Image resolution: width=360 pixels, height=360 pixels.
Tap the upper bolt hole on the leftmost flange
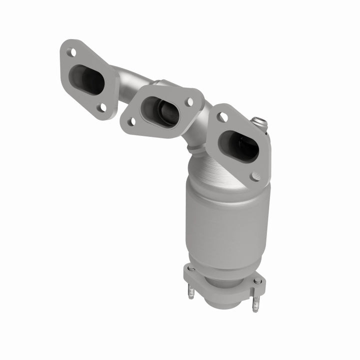pos(73,52)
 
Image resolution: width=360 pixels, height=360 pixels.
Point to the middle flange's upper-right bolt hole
pos(189,101)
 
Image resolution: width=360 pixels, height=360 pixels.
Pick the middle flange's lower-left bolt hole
pos(133,121)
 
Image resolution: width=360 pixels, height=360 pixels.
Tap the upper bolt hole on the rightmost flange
pos(223,117)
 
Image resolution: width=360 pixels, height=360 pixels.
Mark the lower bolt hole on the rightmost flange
pos(255,176)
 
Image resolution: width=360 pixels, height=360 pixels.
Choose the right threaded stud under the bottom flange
pos(256,303)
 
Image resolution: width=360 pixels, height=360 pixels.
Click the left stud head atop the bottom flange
pos(191,268)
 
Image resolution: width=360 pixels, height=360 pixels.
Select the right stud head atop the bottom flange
pos(257,281)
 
